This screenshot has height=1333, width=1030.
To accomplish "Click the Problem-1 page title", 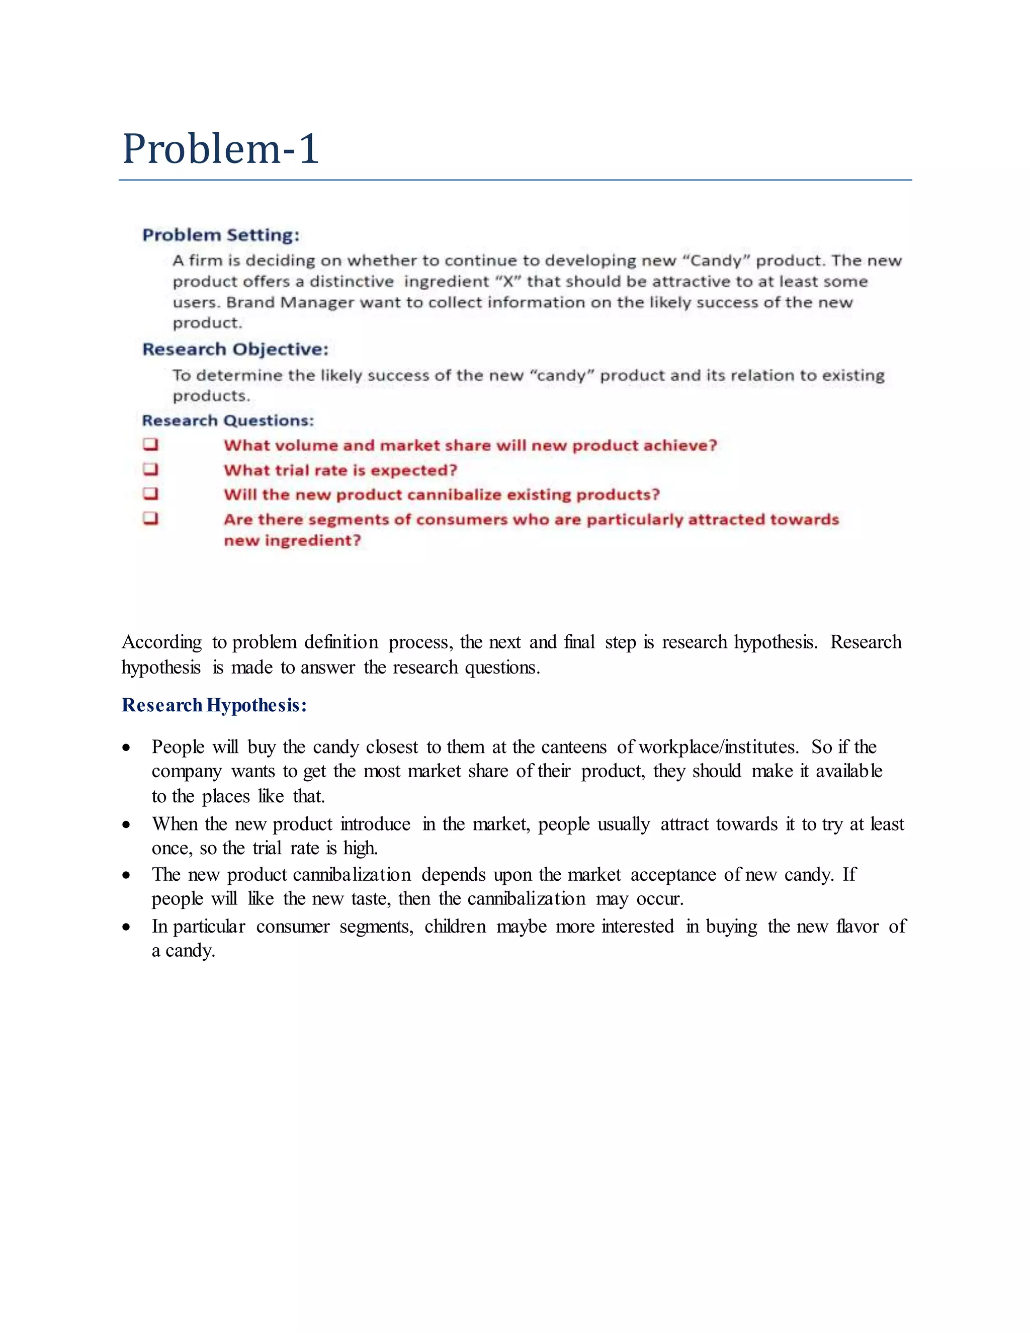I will click(220, 149).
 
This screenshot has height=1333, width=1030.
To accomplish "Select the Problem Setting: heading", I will click(221, 235).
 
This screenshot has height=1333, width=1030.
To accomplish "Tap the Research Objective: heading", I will click(235, 349).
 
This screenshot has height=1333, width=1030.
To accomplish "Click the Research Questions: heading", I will click(228, 421).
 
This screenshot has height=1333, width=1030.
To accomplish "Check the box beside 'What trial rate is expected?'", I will click(151, 469).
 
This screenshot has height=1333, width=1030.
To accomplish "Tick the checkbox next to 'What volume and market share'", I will click(151, 444).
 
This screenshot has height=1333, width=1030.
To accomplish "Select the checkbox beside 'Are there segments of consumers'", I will click(151, 518).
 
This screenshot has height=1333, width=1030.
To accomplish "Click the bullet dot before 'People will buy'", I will click(126, 747).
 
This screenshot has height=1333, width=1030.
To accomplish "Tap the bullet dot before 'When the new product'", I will click(126, 825).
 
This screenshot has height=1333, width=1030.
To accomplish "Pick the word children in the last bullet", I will click(455, 927).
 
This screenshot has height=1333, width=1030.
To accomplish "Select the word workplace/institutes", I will click(718, 747).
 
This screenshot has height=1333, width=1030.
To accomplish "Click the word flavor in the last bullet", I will click(857, 927).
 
